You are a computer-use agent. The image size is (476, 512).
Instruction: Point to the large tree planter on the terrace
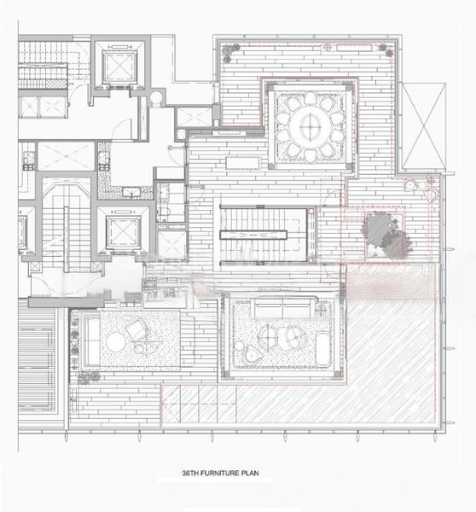(383, 235)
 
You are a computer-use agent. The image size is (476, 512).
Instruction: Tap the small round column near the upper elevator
(156, 98)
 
